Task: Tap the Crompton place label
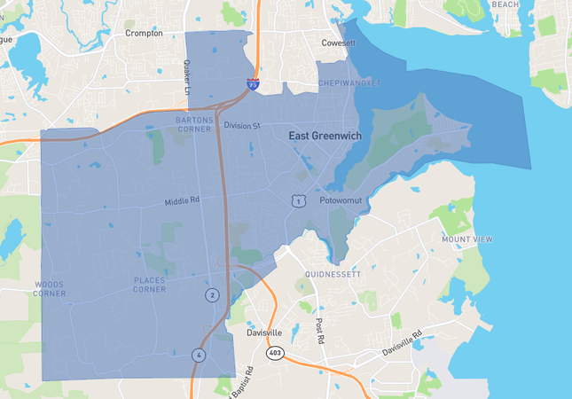click(x=144, y=33)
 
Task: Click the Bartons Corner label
click(x=194, y=123)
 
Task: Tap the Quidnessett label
click(x=332, y=275)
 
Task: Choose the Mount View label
click(x=466, y=239)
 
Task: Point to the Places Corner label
click(x=149, y=285)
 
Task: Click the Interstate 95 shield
click(x=254, y=85)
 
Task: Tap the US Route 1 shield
click(x=300, y=201)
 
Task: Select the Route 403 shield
click(x=274, y=353)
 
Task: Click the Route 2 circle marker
click(x=212, y=294)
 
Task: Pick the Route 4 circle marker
click(x=199, y=356)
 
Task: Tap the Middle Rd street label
click(x=182, y=201)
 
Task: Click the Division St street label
click(x=241, y=126)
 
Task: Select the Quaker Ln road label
click(x=187, y=74)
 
